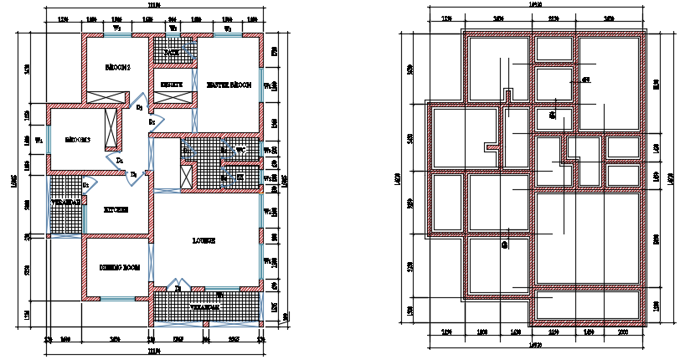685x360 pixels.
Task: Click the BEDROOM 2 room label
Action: click(117, 67)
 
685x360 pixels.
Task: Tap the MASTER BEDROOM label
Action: click(229, 85)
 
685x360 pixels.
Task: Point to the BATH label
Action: click(172, 52)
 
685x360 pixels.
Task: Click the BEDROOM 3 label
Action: click(78, 140)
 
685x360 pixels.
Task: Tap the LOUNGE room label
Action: click(204, 240)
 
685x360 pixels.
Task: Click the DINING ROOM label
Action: click(118, 267)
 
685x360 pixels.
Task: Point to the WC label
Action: click(240, 151)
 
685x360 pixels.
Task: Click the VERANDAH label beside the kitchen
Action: click(65, 203)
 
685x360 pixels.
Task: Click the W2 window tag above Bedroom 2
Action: click(116, 28)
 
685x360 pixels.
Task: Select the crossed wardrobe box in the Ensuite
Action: click(173, 97)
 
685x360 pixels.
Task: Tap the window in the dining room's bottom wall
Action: click(117, 297)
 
